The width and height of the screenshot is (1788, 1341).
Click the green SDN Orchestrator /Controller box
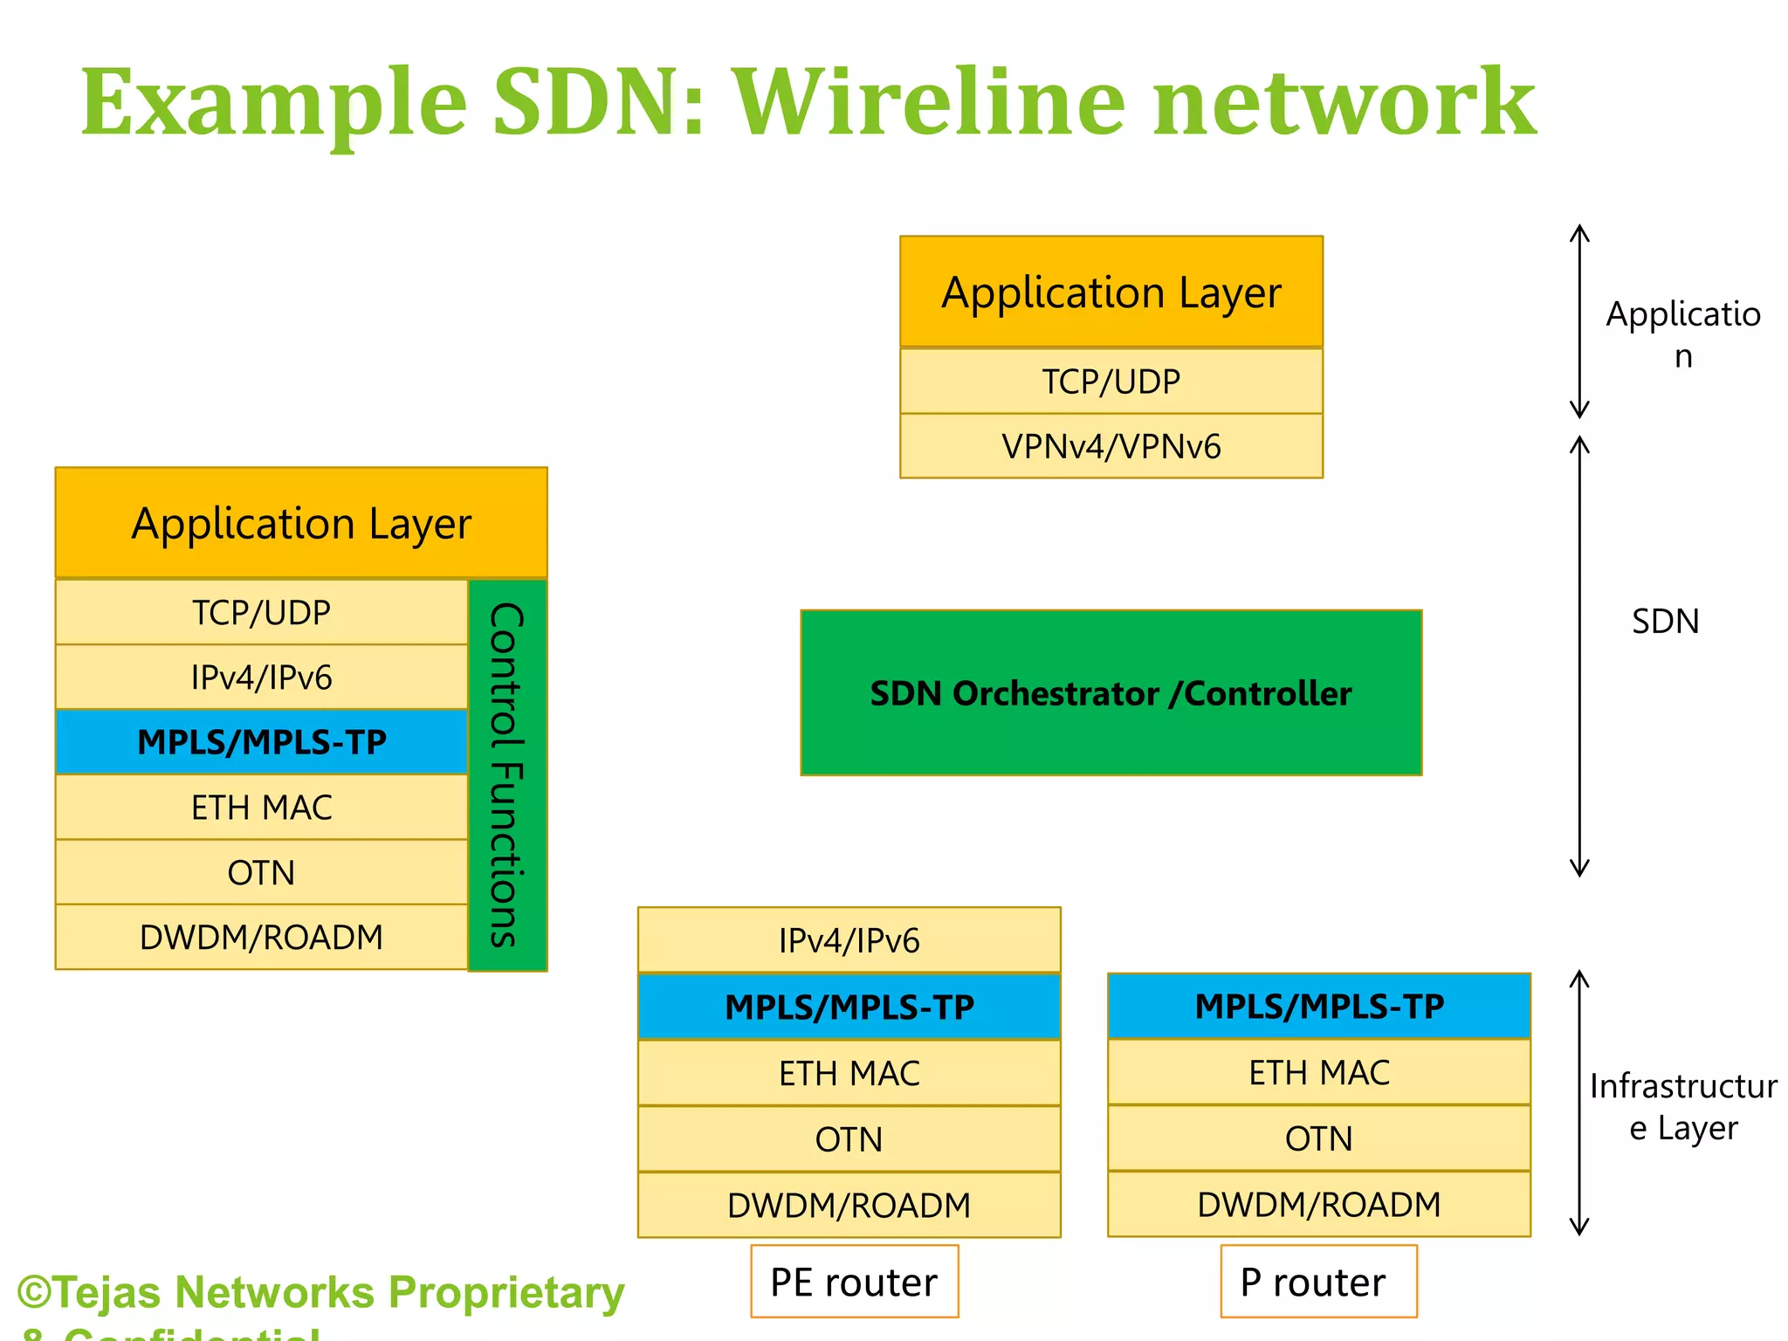[x=1111, y=692]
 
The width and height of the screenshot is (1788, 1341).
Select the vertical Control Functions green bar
[x=507, y=775]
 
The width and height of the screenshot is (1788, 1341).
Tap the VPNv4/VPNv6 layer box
[x=1111, y=446]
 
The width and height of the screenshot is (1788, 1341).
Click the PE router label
[x=854, y=1282]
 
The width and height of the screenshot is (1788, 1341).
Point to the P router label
[x=1317, y=1282]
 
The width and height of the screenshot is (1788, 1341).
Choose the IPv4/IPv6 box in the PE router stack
[x=849, y=940]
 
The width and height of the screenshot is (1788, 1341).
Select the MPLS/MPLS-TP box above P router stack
[x=1318, y=1006]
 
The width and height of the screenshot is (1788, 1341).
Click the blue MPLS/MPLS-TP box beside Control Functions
[x=261, y=742]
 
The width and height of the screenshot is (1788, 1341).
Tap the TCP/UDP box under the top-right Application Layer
[x=1111, y=382]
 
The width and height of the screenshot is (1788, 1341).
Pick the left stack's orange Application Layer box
[x=301, y=523]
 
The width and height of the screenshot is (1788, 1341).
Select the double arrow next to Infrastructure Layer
[x=1578, y=1102]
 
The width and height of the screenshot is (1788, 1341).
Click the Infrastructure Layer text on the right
[x=1682, y=1107]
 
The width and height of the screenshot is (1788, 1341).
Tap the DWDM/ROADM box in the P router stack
[x=1318, y=1204]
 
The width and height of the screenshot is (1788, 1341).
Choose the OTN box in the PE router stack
[x=849, y=1139]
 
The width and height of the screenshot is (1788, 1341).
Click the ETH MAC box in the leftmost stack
[x=261, y=808]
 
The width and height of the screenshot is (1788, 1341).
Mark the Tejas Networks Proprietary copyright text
[x=321, y=1293]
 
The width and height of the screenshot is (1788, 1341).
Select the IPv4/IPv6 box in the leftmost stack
[x=261, y=677]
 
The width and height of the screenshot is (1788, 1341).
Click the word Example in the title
[x=273, y=103]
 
